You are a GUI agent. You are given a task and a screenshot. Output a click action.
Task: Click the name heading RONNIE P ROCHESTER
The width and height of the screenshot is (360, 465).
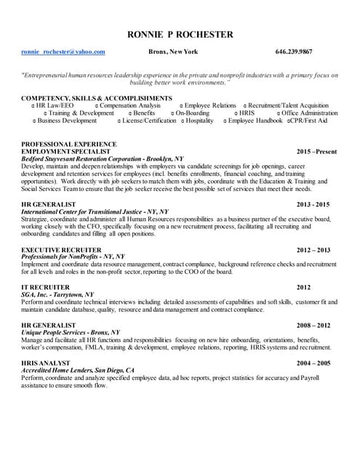(x=180, y=34)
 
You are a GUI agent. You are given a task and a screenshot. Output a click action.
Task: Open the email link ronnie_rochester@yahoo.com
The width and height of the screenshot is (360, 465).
(x=63, y=52)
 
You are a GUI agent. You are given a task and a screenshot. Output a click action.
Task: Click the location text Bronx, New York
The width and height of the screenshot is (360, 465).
(x=173, y=52)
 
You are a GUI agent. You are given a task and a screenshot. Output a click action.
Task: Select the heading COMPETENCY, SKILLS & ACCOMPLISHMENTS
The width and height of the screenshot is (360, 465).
(x=97, y=97)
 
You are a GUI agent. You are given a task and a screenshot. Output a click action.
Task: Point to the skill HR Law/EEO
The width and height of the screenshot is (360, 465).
(x=55, y=105)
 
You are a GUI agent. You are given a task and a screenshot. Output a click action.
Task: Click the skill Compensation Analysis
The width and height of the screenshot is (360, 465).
(x=130, y=105)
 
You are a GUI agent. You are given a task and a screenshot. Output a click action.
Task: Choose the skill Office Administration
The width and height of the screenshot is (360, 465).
(x=310, y=113)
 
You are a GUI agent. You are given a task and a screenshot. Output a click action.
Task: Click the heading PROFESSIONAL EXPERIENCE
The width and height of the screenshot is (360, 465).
(x=69, y=144)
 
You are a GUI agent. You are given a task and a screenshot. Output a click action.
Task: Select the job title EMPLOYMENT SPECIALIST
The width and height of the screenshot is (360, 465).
(x=65, y=151)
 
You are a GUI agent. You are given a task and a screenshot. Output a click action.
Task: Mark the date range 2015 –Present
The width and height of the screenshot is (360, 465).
(x=316, y=151)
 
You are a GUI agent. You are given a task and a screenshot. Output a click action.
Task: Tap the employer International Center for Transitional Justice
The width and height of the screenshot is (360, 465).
(x=95, y=211)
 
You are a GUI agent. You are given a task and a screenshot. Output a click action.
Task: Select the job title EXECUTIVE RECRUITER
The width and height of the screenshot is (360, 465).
(x=61, y=249)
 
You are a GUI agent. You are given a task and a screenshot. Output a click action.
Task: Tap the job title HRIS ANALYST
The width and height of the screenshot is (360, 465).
(x=46, y=363)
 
